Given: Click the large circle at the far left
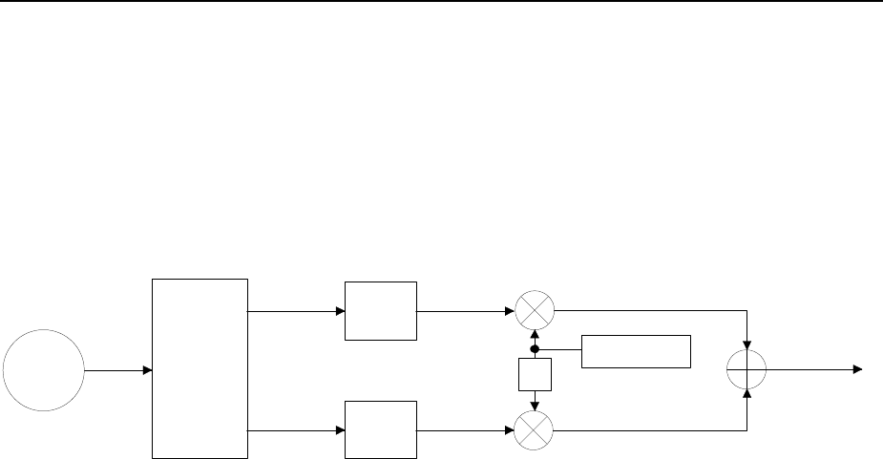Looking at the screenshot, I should [43, 369].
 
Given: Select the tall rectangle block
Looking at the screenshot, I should [200, 368].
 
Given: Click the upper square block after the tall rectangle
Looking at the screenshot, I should [381, 311].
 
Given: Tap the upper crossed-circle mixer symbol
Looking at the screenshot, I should [534, 311].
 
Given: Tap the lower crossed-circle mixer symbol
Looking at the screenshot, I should [534, 431].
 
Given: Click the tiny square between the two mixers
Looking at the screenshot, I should [535, 373].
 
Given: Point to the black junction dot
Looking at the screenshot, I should [535, 349].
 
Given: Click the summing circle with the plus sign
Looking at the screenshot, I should [747, 369].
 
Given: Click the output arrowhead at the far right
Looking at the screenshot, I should [858, 369].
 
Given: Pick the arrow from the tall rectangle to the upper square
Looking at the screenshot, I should [296, 311].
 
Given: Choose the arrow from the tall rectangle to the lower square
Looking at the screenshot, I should [296, 431].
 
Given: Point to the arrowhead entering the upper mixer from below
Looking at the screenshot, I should [535, 335].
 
